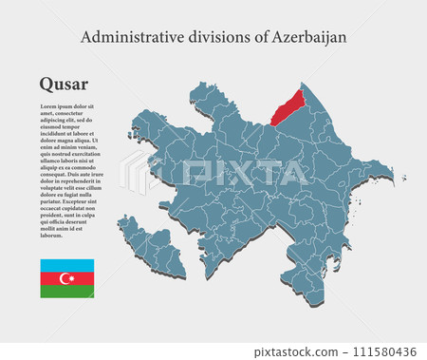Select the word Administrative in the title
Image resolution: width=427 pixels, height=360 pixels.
[126, 37]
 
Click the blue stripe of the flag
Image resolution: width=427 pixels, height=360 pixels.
[66, 264]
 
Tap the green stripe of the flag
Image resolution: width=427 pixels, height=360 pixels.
[66, 291]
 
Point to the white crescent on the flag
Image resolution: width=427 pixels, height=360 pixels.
[65, 277]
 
